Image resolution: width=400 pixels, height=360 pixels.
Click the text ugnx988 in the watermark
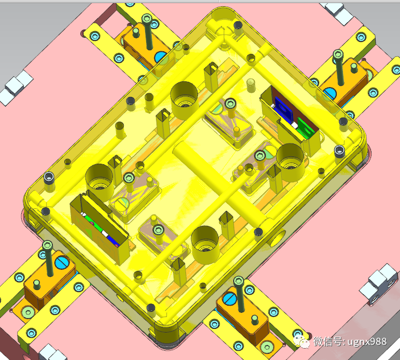pyautogui.click(x=367, y=342)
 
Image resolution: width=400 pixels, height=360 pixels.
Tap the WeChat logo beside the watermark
pyautogui.click(x=302, y=342)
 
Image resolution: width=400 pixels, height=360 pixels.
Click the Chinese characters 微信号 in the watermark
pyautogui.click(x=328, y=341)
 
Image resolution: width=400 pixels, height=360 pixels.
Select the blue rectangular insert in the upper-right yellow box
pyautogui.click(x=283, y=108)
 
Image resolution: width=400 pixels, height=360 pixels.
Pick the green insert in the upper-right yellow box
pyautogui.click(x=306, y=128)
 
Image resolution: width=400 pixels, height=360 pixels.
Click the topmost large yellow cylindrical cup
pyautogui.click(x=184, y=100)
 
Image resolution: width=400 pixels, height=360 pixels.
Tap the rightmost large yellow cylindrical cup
pyautogui.click(x=290, y=163)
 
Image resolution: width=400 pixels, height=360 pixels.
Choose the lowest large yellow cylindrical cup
pyautogui.click(x=205, y=245)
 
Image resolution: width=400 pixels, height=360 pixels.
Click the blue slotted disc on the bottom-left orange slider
pyautogui.click(x=62, y=263)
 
